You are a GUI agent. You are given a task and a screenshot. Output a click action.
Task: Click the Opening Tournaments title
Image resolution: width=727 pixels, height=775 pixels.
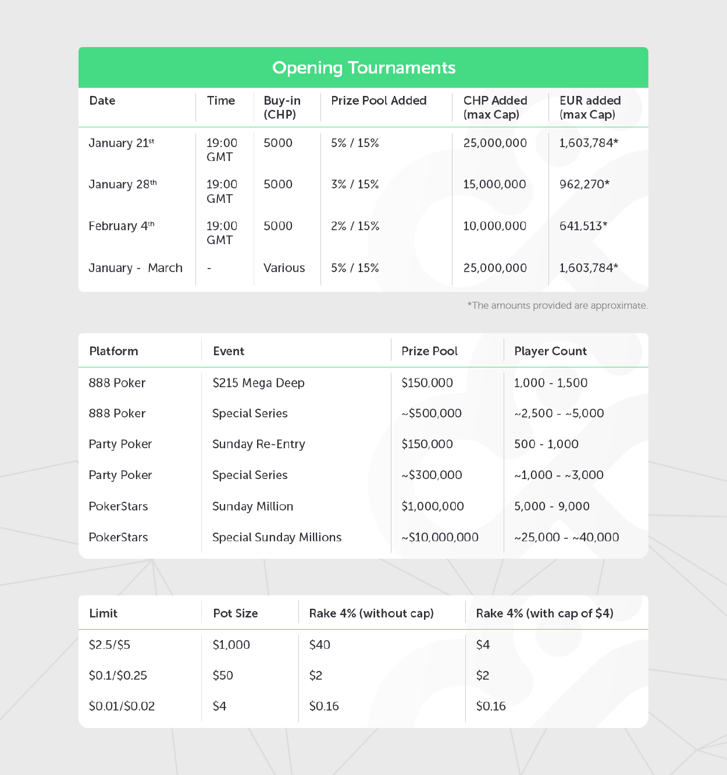click(363, 67)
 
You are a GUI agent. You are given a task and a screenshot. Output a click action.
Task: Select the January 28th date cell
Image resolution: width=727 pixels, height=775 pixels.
click(122, 184)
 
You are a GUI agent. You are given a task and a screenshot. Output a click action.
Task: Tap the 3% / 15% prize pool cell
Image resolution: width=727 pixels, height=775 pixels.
click(355, 184)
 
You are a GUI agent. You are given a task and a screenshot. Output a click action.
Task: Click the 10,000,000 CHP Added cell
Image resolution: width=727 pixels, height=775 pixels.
click(494, 226)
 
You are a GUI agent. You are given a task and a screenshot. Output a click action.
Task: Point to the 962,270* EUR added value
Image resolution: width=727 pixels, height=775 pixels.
click(584, 184)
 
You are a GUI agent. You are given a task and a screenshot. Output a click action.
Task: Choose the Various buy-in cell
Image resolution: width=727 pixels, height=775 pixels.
click(284, 268)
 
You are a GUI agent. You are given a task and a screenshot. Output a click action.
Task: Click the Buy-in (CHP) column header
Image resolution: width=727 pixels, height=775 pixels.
click(281, 108)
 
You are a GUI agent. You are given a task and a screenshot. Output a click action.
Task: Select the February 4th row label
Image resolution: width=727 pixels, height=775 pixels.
click(121, 226)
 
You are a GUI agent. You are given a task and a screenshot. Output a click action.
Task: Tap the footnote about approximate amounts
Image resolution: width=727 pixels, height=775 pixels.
click(557, 305)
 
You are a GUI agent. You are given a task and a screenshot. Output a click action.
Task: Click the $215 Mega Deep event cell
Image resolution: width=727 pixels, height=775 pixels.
click(258, 383)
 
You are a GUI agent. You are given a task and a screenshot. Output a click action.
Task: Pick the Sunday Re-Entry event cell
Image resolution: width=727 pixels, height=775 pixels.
click(258, 444)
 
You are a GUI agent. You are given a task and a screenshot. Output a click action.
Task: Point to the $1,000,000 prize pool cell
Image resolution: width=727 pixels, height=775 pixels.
click(433, 506)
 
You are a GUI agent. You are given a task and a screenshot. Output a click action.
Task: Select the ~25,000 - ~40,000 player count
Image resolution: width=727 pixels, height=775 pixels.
click(566, 537)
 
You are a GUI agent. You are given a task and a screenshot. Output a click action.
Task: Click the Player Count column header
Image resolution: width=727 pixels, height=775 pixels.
click(550, 351)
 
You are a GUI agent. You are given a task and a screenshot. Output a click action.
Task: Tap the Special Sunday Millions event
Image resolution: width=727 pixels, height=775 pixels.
click(277, 537)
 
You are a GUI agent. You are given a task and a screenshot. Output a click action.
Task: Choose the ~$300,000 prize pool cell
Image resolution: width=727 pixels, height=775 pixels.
click(432, 475)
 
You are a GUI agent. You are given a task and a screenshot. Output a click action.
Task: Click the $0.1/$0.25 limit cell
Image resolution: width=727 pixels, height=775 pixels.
click(117, 676)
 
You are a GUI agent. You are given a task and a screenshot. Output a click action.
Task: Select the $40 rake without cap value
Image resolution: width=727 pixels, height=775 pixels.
click(320, 645)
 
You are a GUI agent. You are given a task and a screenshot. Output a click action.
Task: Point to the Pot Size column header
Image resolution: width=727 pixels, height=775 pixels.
click(235, 613)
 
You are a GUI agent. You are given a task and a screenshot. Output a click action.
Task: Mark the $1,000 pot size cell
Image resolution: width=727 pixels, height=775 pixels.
click(231, 645)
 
